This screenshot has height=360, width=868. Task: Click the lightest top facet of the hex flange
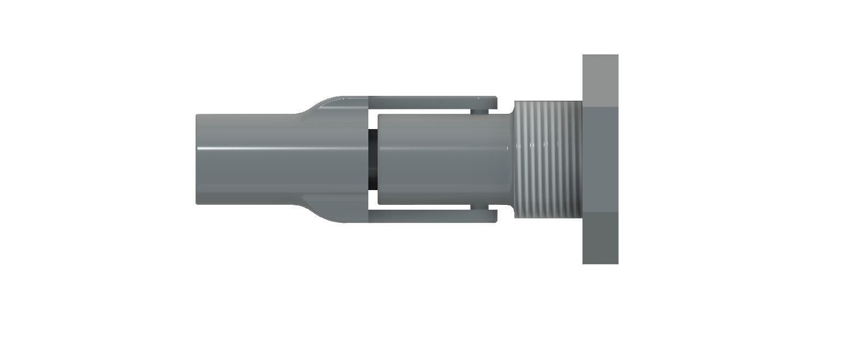(x=600, y=81)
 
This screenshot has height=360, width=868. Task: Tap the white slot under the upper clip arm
(x=420, y=111)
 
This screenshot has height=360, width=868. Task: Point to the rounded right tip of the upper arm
(x=493, y=102)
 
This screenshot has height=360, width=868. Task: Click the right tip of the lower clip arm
(x=493, y=216)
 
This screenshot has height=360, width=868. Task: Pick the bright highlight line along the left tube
(x=245, y=149)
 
